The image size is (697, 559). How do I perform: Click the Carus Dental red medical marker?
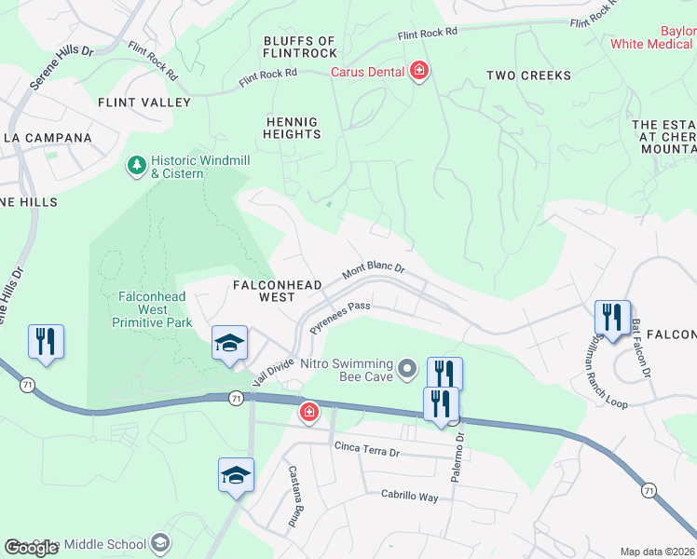[x=419, y=71]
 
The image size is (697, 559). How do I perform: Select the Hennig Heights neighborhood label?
[x=294, y=128]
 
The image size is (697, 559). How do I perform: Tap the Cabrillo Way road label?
[x=409, y=497]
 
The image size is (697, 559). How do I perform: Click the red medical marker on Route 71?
[x=308, y=411]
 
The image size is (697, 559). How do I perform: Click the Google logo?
[x=32, y=548]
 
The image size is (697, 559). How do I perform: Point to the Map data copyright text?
[x=657, y=552]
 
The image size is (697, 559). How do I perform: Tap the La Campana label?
[x=48, y=138]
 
